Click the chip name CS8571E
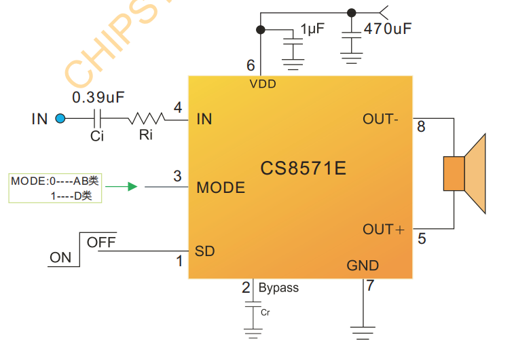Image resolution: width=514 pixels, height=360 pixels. click(x=303, y=168)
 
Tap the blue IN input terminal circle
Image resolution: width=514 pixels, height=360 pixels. click(x=60, y=119)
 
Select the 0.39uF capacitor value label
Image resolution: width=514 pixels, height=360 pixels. click(x=98, y=97)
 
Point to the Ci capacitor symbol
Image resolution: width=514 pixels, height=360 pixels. click(x=98, y=119)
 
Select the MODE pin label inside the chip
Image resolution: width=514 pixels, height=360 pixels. click(x=221, y=187)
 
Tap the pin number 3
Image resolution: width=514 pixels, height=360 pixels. click(x=177, y=176)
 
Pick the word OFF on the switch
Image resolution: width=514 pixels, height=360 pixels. click(x=101, y=242)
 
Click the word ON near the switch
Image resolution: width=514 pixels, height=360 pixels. click(x=60, y=257)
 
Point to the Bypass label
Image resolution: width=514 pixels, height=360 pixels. click(x=278, y=287)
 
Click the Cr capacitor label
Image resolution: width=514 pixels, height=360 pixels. click(x=265, y=312)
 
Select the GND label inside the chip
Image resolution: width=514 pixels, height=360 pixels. click(x=363, y=265)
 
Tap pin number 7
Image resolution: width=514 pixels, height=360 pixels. click(x=370, y=285)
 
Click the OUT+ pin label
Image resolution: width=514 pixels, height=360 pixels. click(x=383, y=229)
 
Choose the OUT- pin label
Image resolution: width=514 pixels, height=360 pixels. click(x=380, y=119)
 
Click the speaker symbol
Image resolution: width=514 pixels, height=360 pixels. click(x=466, y=173)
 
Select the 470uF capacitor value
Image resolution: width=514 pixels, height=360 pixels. click(x=387, y=29)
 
